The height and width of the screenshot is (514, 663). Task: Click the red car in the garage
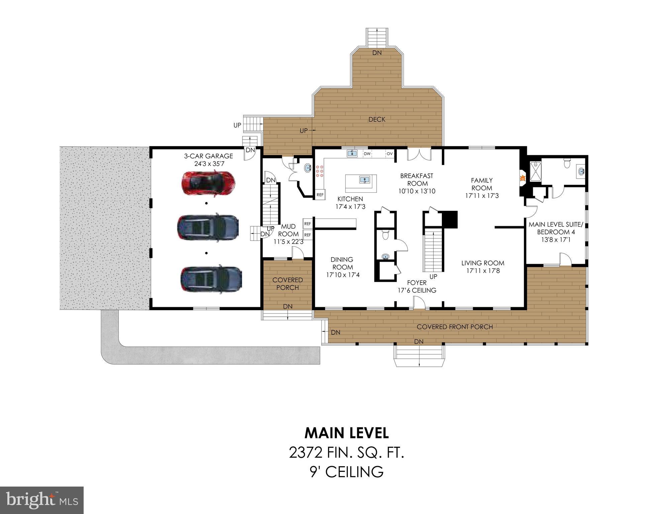(208, 183)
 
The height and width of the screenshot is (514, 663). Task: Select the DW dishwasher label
(367, 154)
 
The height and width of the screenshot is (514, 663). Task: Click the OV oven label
(389, 154)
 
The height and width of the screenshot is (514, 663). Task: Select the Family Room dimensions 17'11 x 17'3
(482, 196)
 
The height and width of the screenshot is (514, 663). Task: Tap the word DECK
(377, 119)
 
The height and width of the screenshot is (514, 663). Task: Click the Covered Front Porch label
(455, 327)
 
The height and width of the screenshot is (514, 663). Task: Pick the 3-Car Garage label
(208, 156)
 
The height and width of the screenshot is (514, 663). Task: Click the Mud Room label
(288, 230)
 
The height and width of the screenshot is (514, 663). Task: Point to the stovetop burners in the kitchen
(319, 171)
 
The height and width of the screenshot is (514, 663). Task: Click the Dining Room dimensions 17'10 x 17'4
(343, 275)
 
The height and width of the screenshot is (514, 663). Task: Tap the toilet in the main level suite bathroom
(567, 164)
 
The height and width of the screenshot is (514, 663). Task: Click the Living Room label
(483, 263)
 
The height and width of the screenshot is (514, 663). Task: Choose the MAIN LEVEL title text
(347, 433)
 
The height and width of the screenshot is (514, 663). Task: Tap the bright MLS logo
(42, 500)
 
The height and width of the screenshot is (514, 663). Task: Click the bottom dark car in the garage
(211, 280)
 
